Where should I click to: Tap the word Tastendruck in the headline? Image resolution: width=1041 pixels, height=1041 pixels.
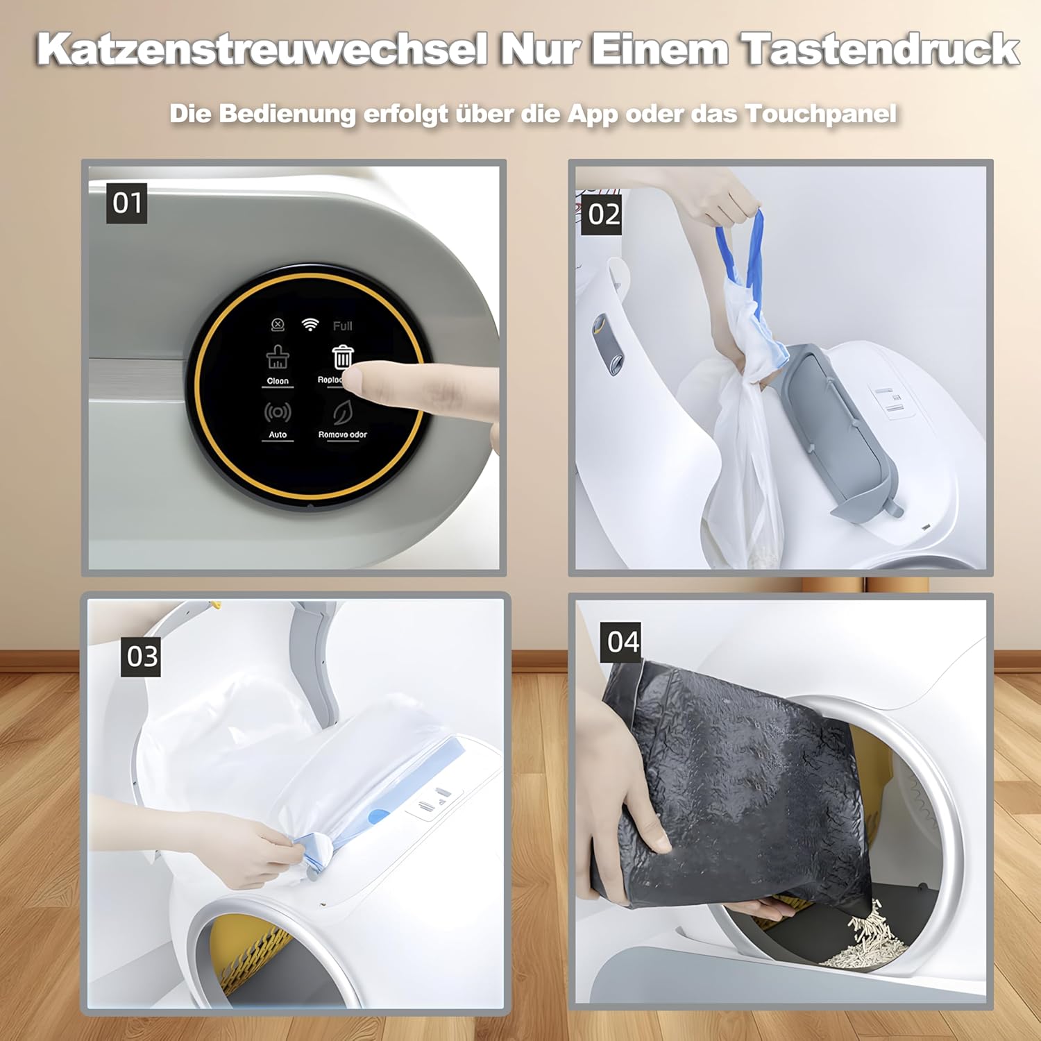(879, 50)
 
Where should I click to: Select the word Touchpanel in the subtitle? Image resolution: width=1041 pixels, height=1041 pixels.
(821, 114)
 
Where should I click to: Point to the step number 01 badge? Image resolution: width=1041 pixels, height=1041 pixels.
(126, 203)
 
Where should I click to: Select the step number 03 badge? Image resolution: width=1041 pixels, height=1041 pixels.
(142, 656)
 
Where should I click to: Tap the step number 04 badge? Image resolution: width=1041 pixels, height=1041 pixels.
(623, 642)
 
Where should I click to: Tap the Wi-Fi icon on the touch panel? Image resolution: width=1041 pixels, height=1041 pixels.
(310, 325)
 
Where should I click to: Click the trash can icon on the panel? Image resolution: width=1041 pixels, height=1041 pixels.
(342, 357)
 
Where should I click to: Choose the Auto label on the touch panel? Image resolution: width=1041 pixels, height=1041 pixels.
(278, 434)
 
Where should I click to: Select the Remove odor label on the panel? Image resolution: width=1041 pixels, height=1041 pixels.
(342, 434)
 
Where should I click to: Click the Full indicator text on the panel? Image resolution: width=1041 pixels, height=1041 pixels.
(342, 325)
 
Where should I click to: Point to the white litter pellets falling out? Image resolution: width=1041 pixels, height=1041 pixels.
(867, 937)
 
